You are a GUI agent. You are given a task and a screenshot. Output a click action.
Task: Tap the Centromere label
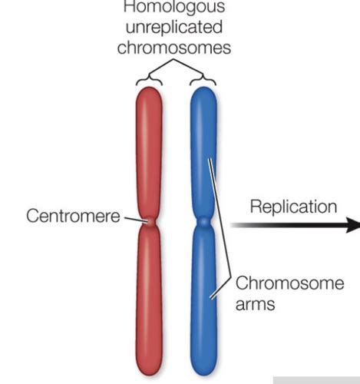(x=74, y=216)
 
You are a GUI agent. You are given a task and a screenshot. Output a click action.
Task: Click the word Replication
(x=293, y=207)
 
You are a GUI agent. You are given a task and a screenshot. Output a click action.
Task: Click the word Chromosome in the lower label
(x=289, y=283)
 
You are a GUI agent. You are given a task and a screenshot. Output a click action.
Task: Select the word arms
(x=256, y=304)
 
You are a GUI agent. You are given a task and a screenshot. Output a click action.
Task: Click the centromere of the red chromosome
(x=150, y=223)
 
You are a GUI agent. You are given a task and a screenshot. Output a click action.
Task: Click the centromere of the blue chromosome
(x=203, y=223)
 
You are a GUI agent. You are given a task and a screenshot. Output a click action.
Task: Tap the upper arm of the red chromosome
(x=150, y=154)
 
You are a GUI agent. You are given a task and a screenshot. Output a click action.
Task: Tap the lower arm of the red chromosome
(x=150, y=300)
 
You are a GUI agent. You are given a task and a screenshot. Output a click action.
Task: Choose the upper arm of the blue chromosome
(x=203, y=154)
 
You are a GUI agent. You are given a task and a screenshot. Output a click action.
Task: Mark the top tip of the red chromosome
(x=150, y=88)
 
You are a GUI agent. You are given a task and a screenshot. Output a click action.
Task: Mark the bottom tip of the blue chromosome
(x=203, y=374)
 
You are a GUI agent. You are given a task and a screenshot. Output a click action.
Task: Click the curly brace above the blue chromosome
(x=204, y=78)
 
